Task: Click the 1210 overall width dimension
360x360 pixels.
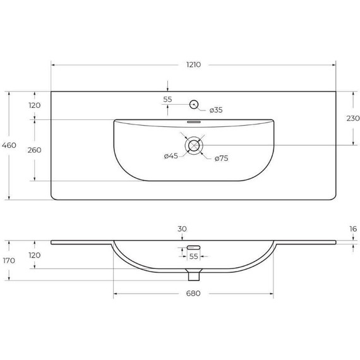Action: (x=193, y=64)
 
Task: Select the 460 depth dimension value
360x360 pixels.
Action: (x=9, y=146)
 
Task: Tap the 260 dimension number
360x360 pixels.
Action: (x=35, y=150)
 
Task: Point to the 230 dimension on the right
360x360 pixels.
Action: (x=353, y=118)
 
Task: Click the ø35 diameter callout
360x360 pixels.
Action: (x=215, y=111)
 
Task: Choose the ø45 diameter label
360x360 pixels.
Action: (x=170, y=157)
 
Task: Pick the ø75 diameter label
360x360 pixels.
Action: (x=221, y=158)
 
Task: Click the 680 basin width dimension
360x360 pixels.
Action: (x=193, y=294)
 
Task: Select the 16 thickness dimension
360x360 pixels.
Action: (x=353, y=229)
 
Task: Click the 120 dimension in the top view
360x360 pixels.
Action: (x=35, y=105)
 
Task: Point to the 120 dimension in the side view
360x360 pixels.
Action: (x=35, y=255)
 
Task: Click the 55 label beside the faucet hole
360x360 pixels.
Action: (x=167, y=100)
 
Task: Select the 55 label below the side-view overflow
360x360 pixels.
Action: (x=194, y=257)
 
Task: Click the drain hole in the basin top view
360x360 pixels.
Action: (x=194, y=145)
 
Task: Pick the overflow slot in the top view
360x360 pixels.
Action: (x=194, y=121)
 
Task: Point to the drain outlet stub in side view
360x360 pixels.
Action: (x=194, y=274)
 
